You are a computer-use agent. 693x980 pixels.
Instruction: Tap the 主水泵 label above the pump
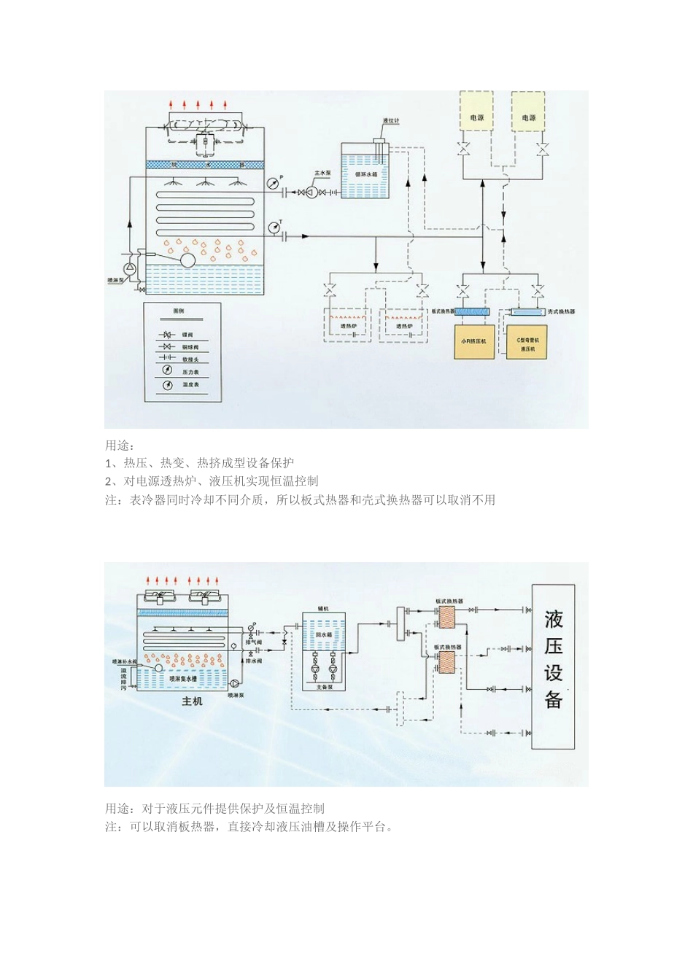point(322,174)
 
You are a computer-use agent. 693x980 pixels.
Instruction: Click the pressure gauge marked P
point(272,182)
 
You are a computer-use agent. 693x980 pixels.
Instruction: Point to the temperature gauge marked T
point(272,227)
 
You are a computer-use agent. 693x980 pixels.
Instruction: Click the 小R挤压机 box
point(474,341)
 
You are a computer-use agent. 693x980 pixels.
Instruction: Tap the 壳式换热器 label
point(561,312)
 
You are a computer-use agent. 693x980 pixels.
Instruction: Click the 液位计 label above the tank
point(391,120)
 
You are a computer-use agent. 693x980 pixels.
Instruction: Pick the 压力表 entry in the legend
point(190,372)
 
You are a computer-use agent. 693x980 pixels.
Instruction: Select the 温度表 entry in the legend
point(190,384)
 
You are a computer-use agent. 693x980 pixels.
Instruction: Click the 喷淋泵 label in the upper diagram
point(115,279)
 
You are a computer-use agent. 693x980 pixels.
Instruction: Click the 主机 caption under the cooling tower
point(192,701)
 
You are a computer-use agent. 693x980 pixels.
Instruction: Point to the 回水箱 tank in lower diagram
point(324,635)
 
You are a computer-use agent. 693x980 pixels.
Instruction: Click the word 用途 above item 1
point(120,446)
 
